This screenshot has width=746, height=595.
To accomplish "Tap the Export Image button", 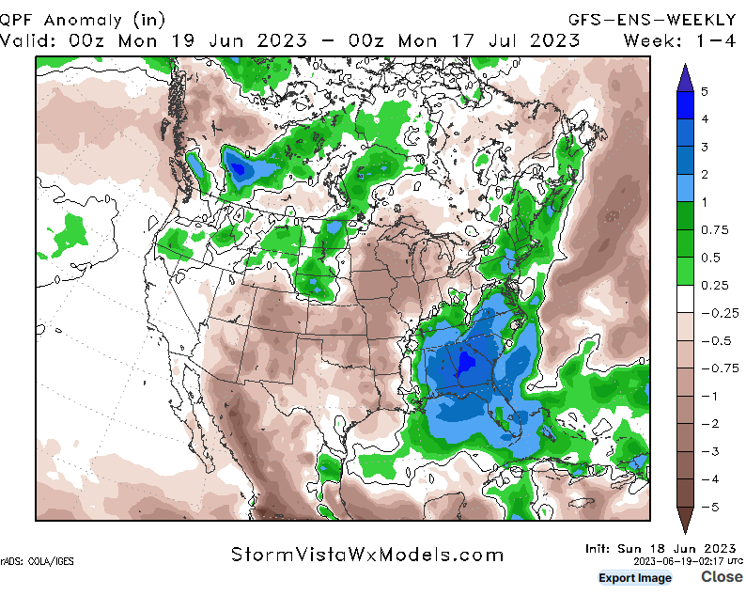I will (635, 577).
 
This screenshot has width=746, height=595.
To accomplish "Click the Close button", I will (721, 576).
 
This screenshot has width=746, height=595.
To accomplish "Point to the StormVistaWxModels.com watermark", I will (367, 555).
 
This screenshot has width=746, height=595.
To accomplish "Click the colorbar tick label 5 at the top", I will (704, 91).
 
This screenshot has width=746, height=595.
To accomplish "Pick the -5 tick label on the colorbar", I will (707, 508).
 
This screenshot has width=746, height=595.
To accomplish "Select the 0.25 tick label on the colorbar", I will (711, 285).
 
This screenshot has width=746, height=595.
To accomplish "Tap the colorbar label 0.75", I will (711, 229).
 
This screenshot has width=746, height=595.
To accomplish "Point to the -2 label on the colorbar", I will (707, 424).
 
